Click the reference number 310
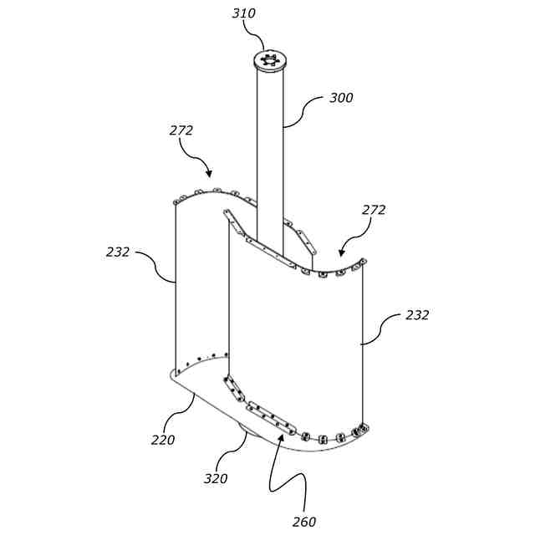(x=244, y=13)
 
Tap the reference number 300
(x=340, y=98)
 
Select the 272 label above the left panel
(x=181, y=130)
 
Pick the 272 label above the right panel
(x=374, y=210)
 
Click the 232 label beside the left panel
(x=118, y=252)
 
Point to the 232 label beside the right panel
(x=417, y=315)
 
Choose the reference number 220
(x=163, y=440)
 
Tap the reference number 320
(x=216, y=479)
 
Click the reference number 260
(x=304, y=522)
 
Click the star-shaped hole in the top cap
(x=269, y=59)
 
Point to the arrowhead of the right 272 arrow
(x=340, y=252)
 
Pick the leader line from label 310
(x=257, y=33)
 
